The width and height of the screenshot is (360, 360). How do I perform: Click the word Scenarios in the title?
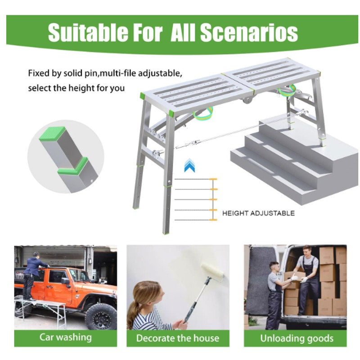click(249, 33)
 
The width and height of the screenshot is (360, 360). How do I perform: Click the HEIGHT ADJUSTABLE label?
click(258, 213)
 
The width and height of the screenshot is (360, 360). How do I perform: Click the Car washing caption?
click(65, 337)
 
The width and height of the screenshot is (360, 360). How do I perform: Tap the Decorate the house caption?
click(177, 337)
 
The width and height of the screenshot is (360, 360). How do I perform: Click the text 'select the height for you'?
click(76, 88)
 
